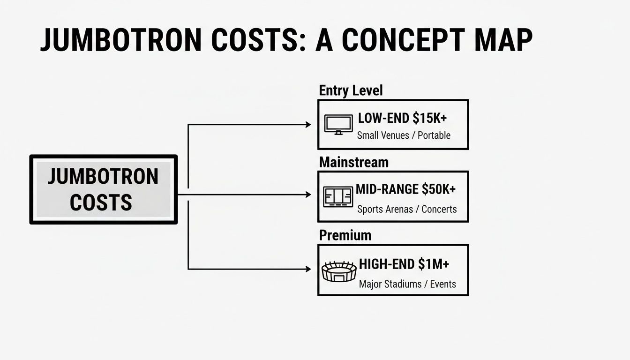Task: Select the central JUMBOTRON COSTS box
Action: [x=104, y=189]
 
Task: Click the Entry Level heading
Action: [x=351, y=90]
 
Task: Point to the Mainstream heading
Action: [x=353, y=162]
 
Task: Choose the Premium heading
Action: [x=345, y=235]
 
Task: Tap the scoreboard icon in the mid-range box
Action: [x=337, y=196]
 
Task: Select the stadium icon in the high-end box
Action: [x=339, y=271]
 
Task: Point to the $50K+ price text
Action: [x=438, y=189]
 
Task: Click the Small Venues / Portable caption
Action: [x=404, y=135]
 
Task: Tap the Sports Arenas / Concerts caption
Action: [x=406, y=209]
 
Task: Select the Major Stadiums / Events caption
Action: [x=407, y=284]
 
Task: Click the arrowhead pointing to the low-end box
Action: [x=308, y=125]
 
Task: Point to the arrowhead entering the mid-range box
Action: [x=308, y=195]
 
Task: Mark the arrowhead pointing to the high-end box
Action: [x=308, y=269]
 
